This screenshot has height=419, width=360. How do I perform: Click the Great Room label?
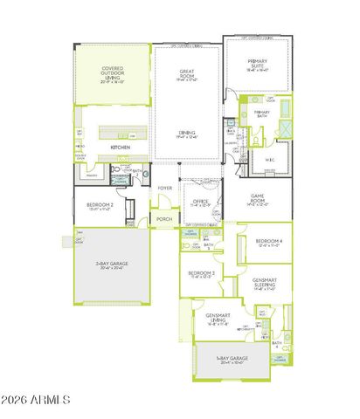tap(187, 75)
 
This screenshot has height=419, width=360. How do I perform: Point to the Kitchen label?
tap(121, 148)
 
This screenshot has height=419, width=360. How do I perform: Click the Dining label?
tap(187, 134)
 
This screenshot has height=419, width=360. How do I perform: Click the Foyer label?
tap(164, 188)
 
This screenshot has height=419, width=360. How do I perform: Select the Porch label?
tap(163, 219)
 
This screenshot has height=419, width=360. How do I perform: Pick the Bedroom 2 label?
tap(99, 207)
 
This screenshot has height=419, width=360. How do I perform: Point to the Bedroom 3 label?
tap(203, 273)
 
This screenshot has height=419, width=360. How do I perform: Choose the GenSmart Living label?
tap(218, 317)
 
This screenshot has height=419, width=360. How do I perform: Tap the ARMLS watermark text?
tap(36, 400)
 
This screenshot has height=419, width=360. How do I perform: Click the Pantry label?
tap(91, 175)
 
